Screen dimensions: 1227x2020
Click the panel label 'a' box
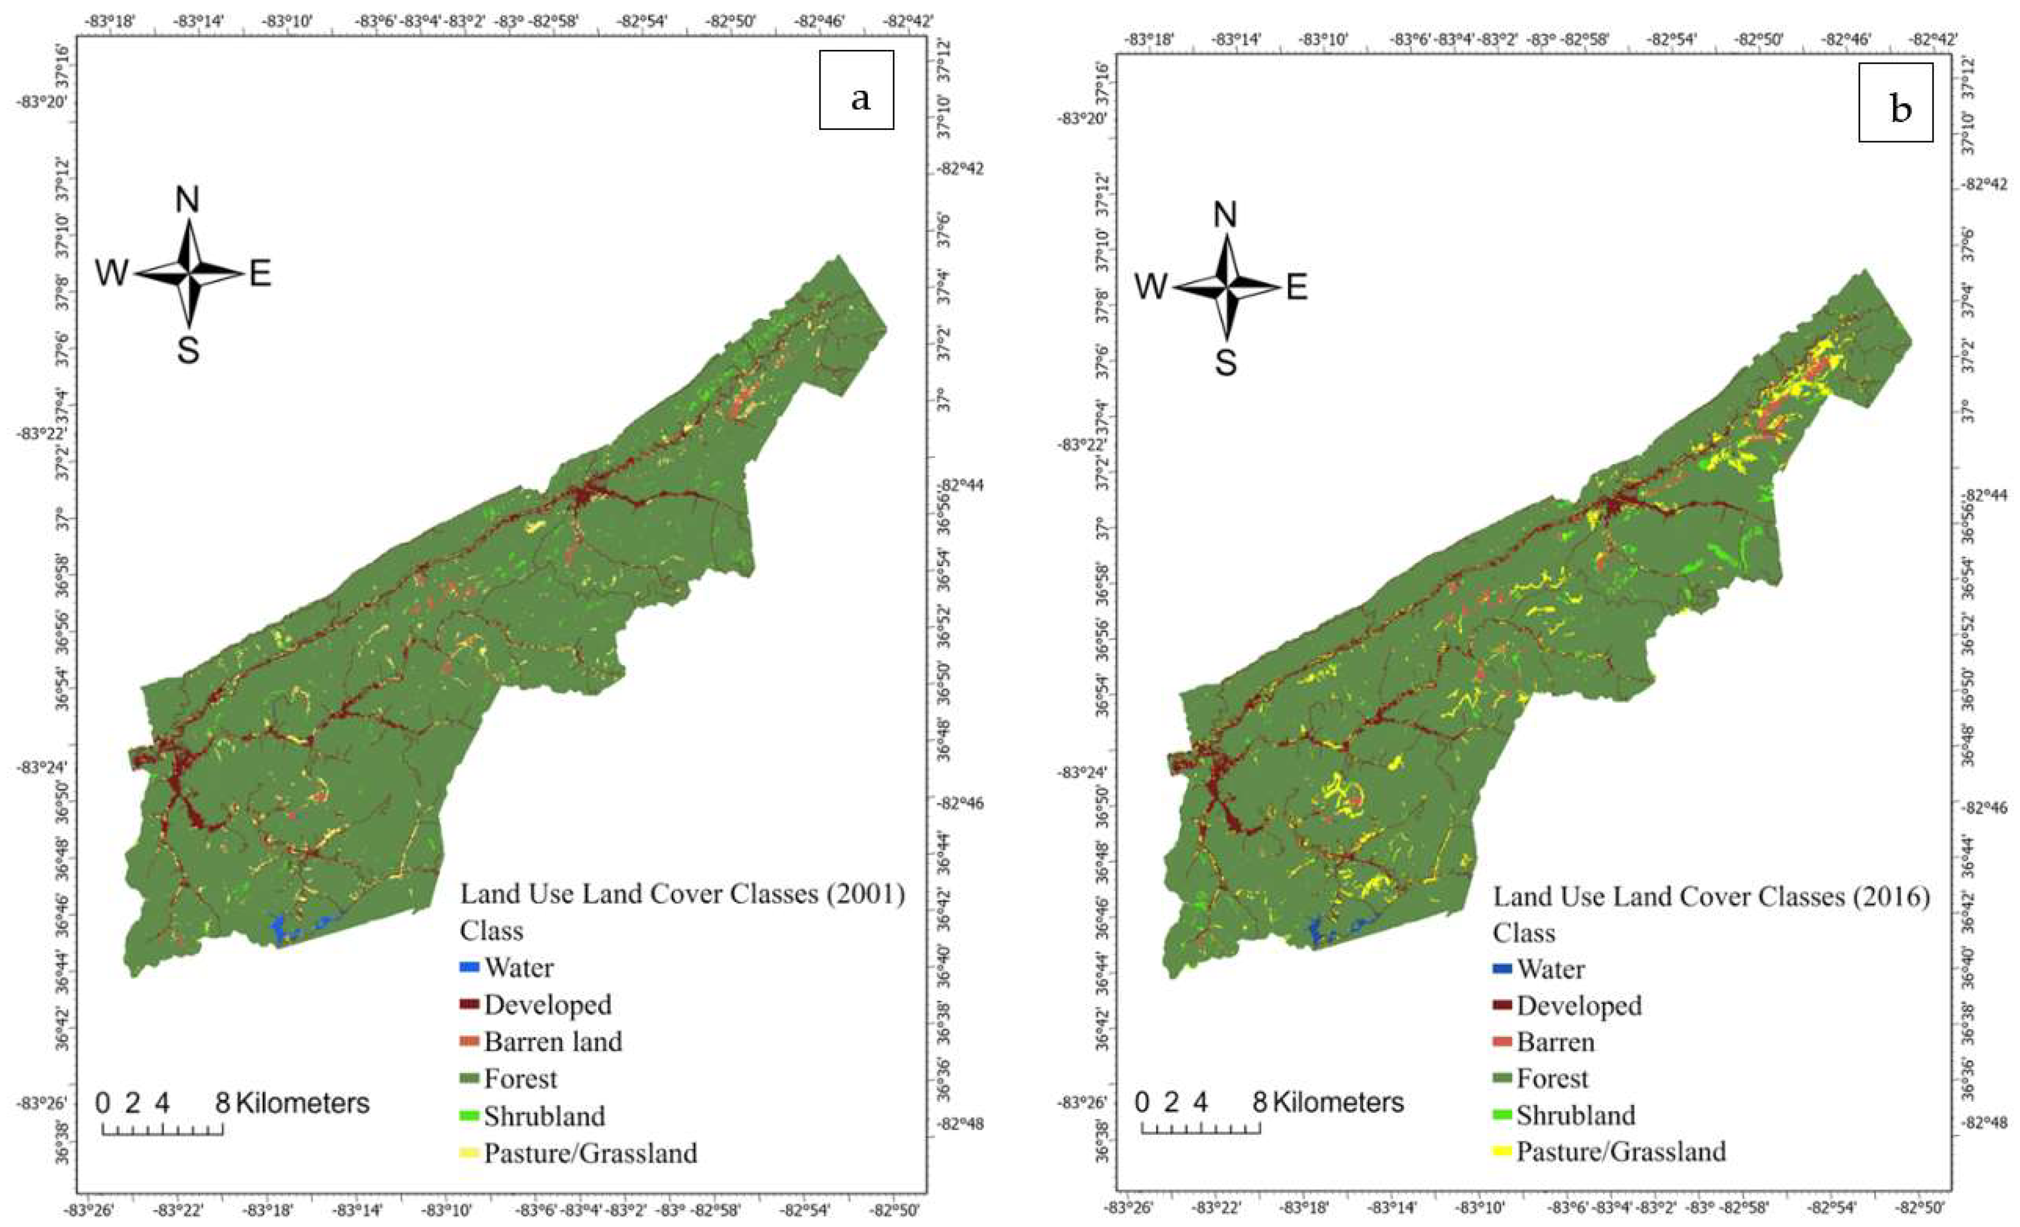tap(856, 90)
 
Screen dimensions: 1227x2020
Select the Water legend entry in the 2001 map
tap(518, 968)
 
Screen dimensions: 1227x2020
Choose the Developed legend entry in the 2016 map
tap(1579, 1007)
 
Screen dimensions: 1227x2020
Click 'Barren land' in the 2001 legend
tap(552, 1042)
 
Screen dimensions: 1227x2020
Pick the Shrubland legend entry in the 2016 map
tap(1575, 1115)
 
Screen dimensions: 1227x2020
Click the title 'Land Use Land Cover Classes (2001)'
tap(682, 894)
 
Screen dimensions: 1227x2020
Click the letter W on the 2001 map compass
tap(112, 273)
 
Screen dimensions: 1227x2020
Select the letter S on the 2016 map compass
tap(1226, 361)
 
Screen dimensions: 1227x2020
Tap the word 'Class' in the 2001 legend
tap(491, 931)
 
